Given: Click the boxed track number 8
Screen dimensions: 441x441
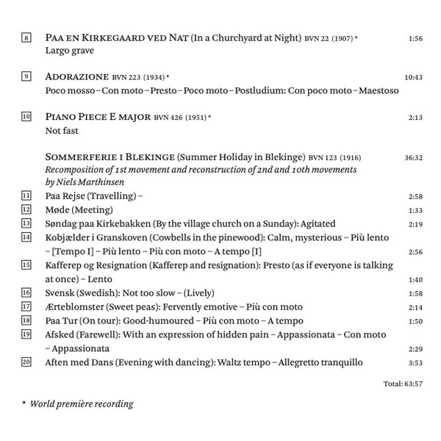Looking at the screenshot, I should pos(26,37).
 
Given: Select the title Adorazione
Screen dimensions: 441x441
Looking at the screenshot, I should pos(76,76).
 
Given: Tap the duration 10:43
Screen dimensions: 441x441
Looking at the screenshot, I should pos(414,77).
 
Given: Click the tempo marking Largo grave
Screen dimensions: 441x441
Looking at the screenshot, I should pos(70,51).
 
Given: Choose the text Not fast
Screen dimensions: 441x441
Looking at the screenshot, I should pos(62,130).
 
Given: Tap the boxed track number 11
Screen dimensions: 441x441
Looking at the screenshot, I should pos(26,196).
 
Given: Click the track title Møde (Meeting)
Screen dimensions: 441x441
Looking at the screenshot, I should pos(79,209).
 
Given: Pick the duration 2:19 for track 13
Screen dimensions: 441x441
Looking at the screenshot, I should pos(415,223).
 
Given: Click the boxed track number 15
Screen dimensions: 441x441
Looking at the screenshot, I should pos(26,265).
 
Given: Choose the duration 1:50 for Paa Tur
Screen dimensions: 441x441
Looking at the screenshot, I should pos(415,320).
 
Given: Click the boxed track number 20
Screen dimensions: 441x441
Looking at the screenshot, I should pos(26,362).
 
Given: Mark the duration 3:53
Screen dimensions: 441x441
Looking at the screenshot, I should pos(415,362).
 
